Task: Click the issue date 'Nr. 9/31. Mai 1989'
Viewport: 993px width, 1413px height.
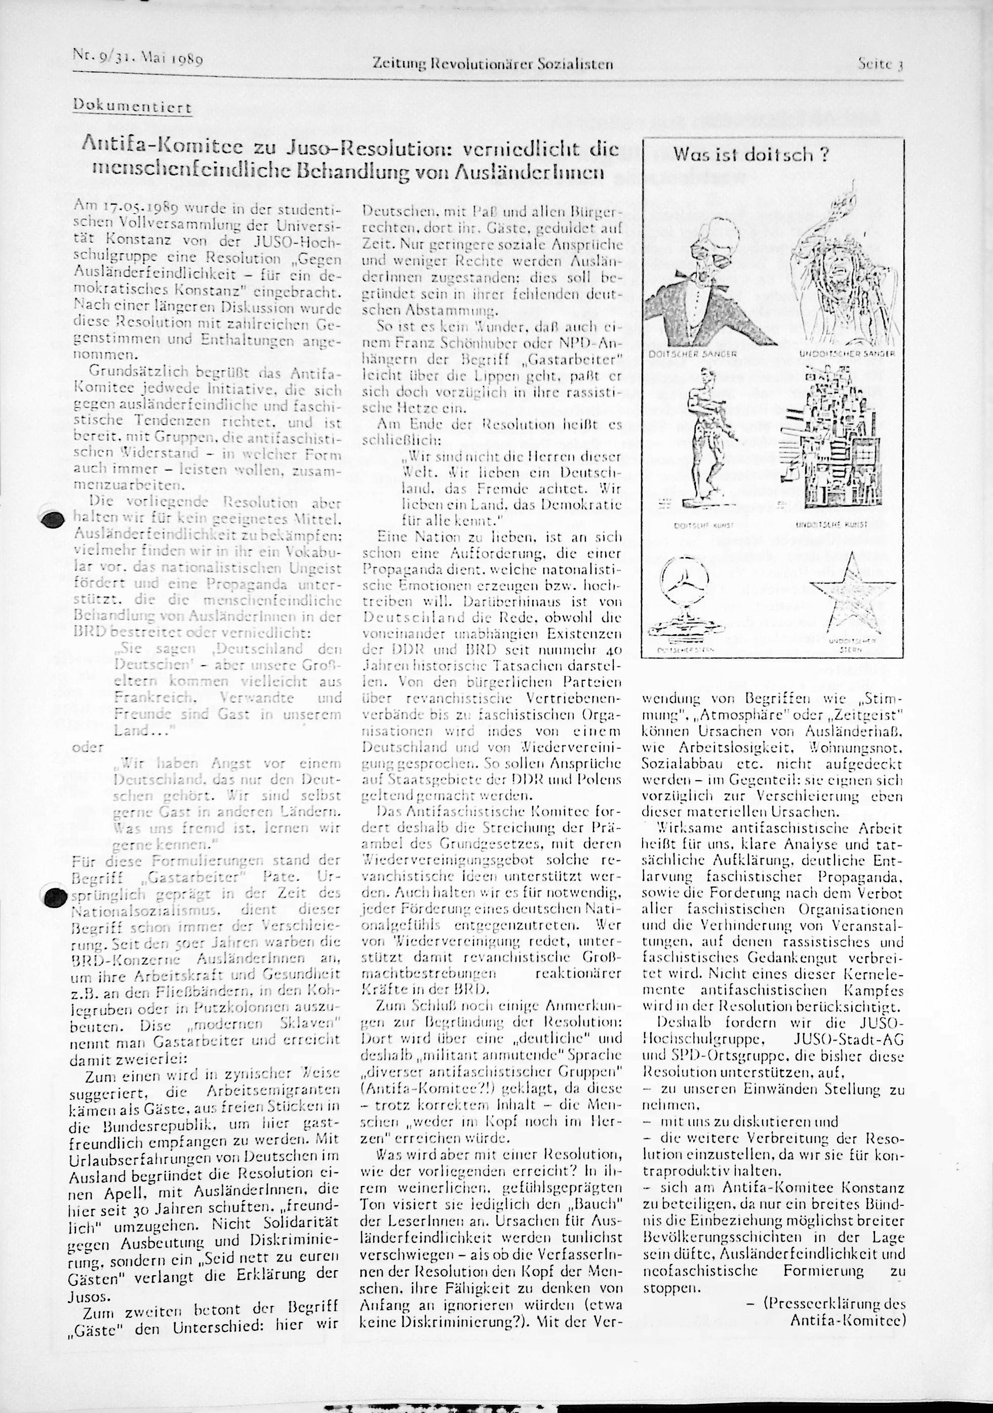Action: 138,60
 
